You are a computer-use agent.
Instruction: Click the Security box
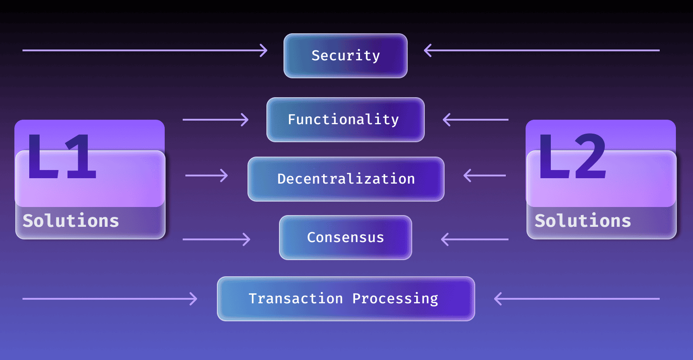(346, 56)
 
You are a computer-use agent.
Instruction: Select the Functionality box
(346, 120)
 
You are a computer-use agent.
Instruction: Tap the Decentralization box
(346, 179)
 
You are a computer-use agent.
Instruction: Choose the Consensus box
(346, 238)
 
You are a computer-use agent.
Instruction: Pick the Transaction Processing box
(346, 299)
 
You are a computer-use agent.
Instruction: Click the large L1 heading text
(62, 157)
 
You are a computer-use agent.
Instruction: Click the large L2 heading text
(572, 157)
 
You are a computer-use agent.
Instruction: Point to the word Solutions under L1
(71, 221)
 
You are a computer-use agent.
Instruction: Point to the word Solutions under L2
(583, 221)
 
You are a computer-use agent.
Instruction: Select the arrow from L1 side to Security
(144, 50)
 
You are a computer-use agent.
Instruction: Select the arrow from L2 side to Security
(542, 50)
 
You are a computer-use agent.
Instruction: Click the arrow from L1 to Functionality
(215, 120)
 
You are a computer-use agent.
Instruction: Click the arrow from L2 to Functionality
(476, 120)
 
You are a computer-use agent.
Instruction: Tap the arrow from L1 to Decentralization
(206, 175)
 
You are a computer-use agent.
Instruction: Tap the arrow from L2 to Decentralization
(485, 175)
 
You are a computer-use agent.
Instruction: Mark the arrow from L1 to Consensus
(216, 239)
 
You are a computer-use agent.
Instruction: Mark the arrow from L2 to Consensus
(475, 239)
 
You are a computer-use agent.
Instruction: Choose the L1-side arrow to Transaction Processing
(110, 299)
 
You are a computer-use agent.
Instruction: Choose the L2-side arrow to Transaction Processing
(577, 299)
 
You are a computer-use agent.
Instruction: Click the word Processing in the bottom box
(395, 299)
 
